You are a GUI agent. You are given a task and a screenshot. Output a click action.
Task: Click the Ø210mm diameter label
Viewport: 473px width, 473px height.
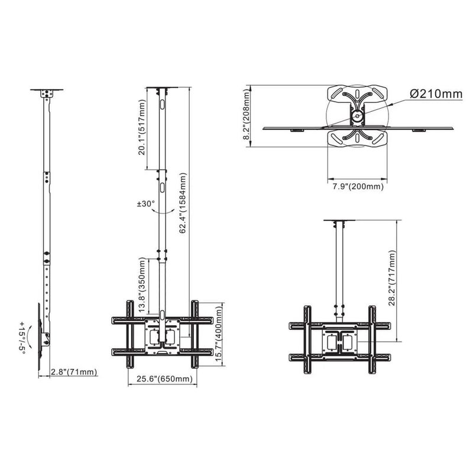(x=434, y=94)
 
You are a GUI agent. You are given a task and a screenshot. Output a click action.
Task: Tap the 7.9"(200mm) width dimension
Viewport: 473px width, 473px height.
(x=357, y=186)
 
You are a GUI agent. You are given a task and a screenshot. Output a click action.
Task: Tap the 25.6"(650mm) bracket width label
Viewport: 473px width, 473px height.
(x=163, y=378)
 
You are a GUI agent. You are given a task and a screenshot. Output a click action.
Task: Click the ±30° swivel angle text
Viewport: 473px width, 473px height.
(x=145, y=203)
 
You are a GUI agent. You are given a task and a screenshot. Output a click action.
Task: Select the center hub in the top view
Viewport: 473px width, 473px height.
(x=357, y=116)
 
